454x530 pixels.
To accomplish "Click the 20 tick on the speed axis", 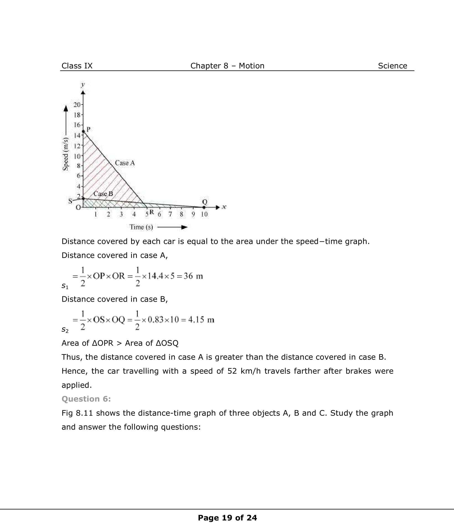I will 77,105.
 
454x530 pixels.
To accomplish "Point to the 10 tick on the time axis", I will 204,214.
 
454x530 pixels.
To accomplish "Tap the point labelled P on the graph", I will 84,131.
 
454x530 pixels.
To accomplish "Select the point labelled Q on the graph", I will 204,207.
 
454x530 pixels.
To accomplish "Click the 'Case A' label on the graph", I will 125,163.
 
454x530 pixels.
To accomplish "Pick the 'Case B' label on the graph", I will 103,194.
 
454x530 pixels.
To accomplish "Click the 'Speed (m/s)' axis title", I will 66,154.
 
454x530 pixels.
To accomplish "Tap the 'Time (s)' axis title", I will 141,227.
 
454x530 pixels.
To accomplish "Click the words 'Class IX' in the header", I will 77,66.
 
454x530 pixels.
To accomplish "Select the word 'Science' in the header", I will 392,66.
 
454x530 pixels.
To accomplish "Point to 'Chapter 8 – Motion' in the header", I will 227,66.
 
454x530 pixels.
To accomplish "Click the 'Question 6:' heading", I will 86,399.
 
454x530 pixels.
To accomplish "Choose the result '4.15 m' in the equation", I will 201,320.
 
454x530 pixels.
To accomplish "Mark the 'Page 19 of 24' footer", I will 227,518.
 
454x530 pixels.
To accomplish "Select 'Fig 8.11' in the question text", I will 77,413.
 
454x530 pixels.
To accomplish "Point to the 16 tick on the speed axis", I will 77,125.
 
